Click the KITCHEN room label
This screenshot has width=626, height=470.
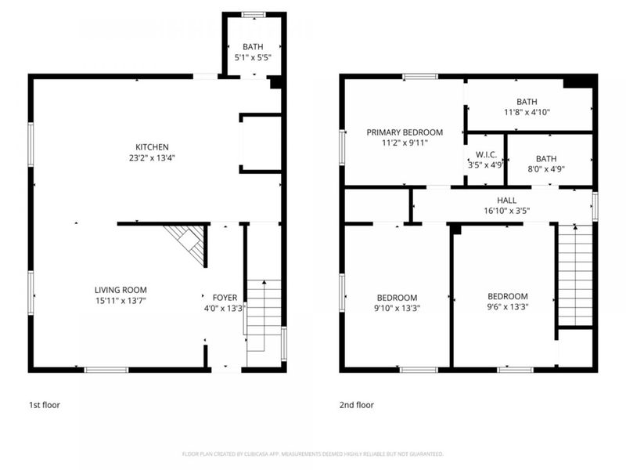tap(152, 147)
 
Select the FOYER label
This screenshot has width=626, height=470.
tap(225, 297)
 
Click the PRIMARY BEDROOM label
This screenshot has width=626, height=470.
tap(405, 132)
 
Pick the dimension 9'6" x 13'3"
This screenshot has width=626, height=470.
tap(507, 307)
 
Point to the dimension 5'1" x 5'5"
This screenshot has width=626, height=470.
tap(253, 57)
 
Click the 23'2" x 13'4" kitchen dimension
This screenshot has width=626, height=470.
tap(152, 157)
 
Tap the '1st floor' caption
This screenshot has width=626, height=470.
tap(45, 405)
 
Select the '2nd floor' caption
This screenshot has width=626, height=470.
tap(356, 405)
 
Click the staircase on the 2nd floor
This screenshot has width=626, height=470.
tap(574, 274)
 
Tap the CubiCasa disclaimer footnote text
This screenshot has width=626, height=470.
tap(313, 454)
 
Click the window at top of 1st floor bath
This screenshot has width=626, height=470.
tap(253, 14)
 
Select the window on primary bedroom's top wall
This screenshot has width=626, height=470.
tap(420, 76)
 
